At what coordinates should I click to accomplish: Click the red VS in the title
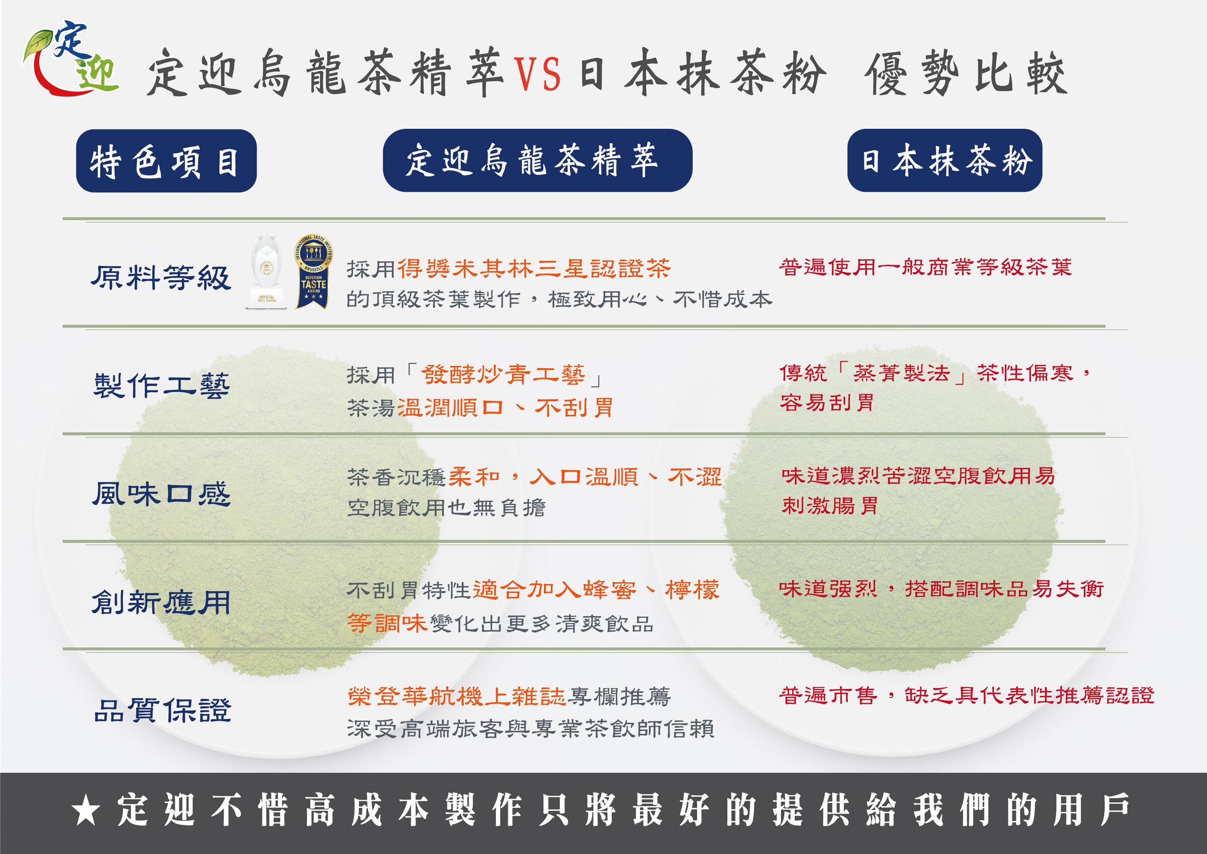pyautogui.click(x=536, y=73)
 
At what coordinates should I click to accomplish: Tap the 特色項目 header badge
pyautogui.click(x=166, y=161)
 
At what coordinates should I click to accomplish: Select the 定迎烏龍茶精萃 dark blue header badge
pyautogui.click(x=537, y=161)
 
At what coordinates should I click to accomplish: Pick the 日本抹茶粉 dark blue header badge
pyautogui.click(x=944, y=161)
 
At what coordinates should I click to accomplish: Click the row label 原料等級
pyautogui.click(x=161, y=277)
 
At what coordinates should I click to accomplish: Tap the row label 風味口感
pyautogui.click(x=161, y=494)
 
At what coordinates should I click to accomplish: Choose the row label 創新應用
pyautogui.click(x=161, y=602)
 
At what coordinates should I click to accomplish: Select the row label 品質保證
pyautogui.click(x=162, y=710)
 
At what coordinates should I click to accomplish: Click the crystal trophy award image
pyautogui.click(x=267, y=271)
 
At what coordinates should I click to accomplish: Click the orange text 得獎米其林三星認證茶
pyautogui.click(x=534, y=268)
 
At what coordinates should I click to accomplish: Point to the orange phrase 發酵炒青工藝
pyautogui.click(x=502, y=374)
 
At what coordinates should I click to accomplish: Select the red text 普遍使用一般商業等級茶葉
pyautogui.click(x=925, y=267)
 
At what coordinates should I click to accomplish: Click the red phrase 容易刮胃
pyautogui.click(x=826, y=403)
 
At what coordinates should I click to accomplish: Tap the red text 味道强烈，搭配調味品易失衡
pyautogui.click(x=941, y=589)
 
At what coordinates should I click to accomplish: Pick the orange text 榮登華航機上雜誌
pyautogui.click(x=456, y=696)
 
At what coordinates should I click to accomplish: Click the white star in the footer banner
pyautogui.click(x=86, y=811)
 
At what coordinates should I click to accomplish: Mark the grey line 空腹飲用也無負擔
pyautogui.click(x=446, y=508)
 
